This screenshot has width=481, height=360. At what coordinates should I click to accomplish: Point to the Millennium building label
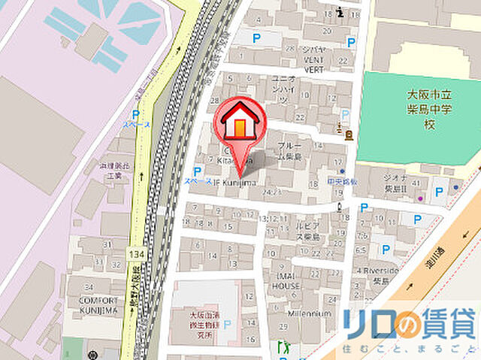tap(310, 313)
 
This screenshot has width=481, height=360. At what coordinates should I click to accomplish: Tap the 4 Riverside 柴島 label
tap(380, 274)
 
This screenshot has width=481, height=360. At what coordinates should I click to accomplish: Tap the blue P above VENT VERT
tap(257, 38)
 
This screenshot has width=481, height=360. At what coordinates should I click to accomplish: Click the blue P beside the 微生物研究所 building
tap(227, 325)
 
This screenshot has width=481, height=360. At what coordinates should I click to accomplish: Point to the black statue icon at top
tap(343, 11)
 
